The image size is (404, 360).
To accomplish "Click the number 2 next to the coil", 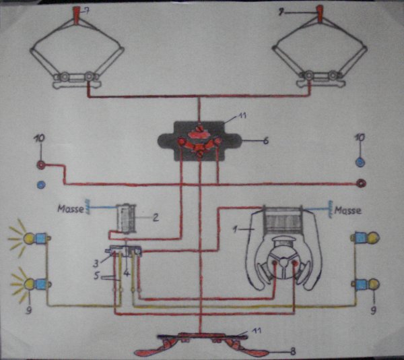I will (x=155, y=217).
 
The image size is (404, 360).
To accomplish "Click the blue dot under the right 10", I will (x=360, y=162).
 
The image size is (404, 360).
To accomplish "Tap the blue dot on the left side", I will (x=40, y=183).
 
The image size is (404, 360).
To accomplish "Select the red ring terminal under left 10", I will (x=41, y=164).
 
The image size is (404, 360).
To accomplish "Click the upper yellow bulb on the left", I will (x=30, y=237).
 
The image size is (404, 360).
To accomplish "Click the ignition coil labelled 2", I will (x=126, y=217).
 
